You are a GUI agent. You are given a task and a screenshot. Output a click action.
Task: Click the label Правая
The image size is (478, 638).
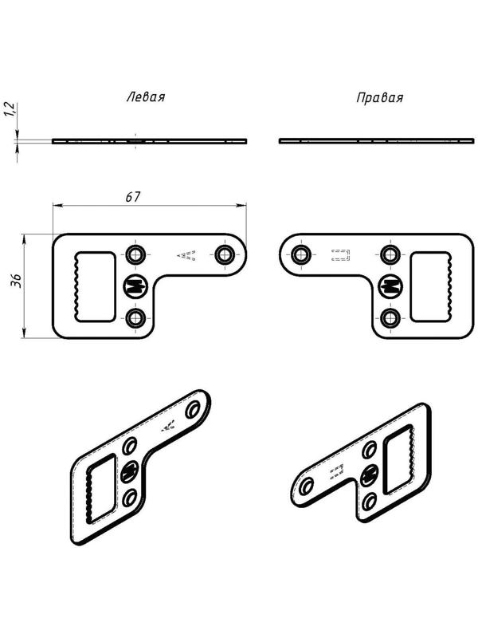coord(380,98)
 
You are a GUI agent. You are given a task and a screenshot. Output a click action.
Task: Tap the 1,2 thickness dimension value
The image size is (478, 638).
coord(10,108)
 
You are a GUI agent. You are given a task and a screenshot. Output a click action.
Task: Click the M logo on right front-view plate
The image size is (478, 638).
coord(390,286)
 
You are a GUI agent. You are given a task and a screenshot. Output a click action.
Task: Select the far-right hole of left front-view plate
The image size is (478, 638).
coord(224,255)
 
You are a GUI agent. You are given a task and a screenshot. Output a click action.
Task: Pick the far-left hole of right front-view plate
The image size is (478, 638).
coord(302,255)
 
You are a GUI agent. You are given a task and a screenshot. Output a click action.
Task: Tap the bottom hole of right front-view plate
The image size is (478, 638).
coord(390,318)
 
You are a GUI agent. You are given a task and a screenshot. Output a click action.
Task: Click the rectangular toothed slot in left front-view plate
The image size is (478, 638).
coord(94,287)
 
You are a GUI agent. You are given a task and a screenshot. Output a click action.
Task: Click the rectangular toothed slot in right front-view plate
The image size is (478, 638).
coord(431,287)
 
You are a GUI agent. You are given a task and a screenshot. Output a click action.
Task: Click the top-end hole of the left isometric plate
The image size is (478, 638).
coord(193,410)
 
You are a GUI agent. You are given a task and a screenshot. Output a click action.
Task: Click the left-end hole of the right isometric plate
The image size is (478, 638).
coord(307,486)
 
